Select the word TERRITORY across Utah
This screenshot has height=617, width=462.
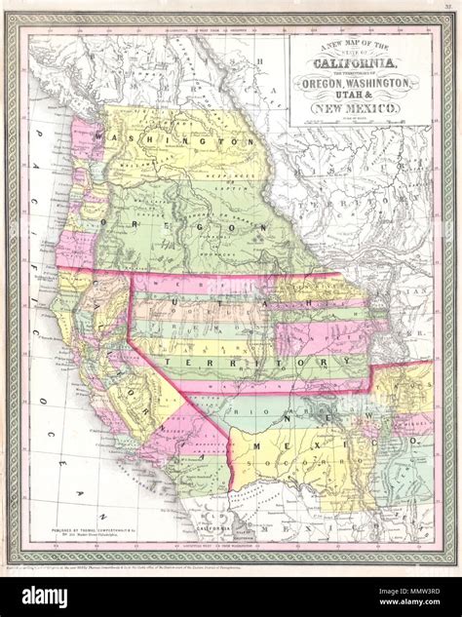click(257, 363)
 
